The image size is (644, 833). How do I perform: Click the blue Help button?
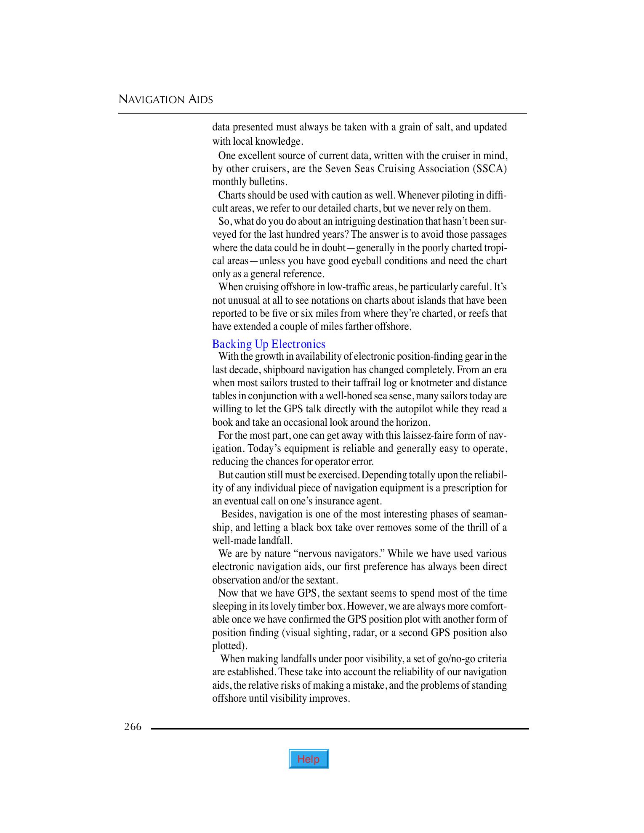309,759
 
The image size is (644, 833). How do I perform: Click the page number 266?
133,727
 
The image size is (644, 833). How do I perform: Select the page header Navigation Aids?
166,100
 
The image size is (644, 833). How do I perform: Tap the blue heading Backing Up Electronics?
269,344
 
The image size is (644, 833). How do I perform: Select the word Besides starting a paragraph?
238,514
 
